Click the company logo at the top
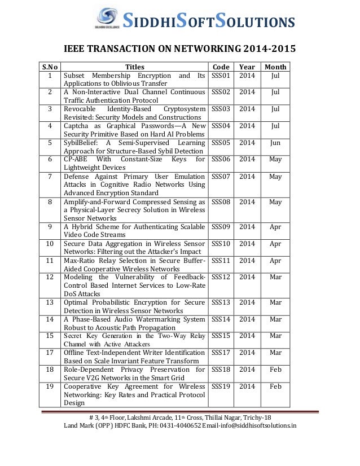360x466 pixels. click(108, 19)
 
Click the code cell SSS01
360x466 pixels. click(221, 75)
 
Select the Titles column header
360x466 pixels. click(134, 66)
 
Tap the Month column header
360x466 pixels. click(275, 66)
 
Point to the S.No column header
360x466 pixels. click(50, 66)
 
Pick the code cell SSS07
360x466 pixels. click(221, 177)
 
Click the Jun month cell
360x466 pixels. click(275, 143)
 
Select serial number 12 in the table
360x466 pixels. click(50, 277)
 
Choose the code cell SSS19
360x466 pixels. click(221, 386)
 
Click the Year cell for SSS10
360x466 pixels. click(247, 244)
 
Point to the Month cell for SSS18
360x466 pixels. click(275, 370)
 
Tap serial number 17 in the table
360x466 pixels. click(50, 353)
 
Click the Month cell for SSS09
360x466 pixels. click(275, 227)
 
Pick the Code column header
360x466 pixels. click(221, 66)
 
